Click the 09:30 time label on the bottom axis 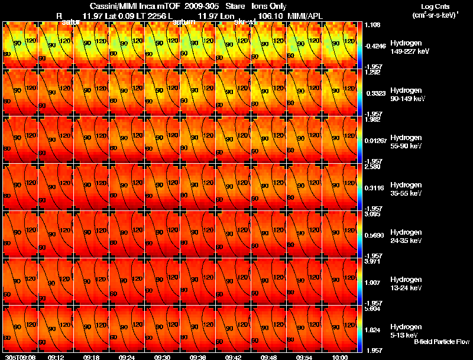(x=162, y=357)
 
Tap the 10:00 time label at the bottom (x=339, y=357)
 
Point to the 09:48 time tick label (x=268, y=357)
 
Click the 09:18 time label (x=91, y=357)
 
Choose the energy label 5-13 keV (x=406, y=335)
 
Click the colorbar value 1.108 (x=372, y=25)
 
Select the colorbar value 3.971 (x=372, y=261)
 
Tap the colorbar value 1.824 (x=372, y=329)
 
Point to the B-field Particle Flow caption (x=441, y=342)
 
